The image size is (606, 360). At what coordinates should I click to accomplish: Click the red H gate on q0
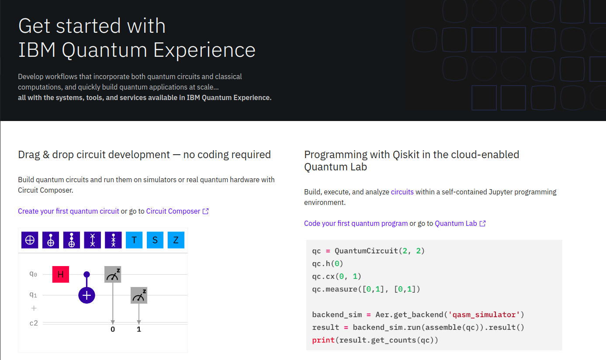point(61,274)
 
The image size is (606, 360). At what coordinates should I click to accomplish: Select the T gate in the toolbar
point(134,240)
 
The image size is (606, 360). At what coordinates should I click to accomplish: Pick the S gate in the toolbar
point(155,240)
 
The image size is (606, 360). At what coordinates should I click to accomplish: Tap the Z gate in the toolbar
point(176,240)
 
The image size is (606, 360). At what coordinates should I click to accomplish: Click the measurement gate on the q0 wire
point(113,274)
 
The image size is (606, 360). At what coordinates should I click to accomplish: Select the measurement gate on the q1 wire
point(139,295)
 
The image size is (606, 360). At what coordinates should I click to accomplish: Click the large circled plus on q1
point(87,295)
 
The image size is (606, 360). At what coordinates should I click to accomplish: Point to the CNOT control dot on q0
point(87,274)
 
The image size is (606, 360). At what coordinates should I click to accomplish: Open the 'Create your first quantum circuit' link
point(69,211)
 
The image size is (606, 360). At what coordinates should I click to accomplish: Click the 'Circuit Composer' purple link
point(173,211)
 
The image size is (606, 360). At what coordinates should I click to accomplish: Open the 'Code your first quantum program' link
point(356,223)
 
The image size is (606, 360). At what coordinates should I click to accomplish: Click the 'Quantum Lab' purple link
point(456,223)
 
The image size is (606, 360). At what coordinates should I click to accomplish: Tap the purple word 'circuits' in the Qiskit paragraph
point(402,192)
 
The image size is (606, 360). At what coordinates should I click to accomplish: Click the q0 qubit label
point(33,274)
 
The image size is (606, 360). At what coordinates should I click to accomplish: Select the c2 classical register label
point(34,323)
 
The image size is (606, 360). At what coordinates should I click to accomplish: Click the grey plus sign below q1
point(33,308)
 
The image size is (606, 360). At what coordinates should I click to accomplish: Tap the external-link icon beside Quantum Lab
point(483,223)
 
